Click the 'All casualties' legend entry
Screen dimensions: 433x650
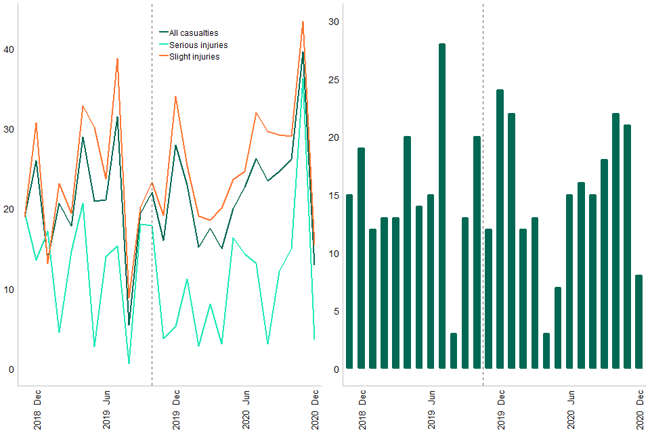(x=194, y=32)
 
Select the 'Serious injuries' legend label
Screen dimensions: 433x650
(x=198, y=45)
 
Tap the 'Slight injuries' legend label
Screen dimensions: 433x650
(x=194, y=57)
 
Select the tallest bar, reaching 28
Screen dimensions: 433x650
(x=442, y=206)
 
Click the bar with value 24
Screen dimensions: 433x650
(x=500, y=229)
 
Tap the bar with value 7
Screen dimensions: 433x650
(x=558, y=328)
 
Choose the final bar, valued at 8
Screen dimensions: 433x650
(x=638, y=322)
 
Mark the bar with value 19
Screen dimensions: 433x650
(x=361, y=258)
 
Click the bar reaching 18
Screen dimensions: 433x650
(x=604, y=264)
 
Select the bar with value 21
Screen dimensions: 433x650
(x=627, y=247)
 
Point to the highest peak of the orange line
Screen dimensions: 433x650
(x=303, y=22)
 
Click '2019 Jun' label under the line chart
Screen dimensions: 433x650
(x=107, y=410)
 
